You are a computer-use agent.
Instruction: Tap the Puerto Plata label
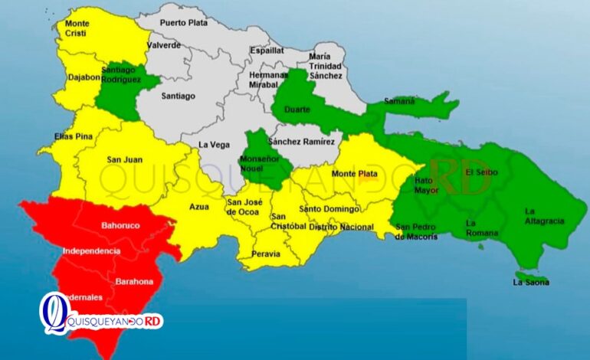tap(184, 23)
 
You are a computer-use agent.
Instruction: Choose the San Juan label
tap(123, 159)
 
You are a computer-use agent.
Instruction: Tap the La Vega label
tap(215, 145)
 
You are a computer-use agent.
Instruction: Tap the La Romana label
tap(481, 227)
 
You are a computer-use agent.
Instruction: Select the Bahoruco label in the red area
tap(120, 226)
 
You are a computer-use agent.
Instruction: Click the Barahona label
tap(134, 281)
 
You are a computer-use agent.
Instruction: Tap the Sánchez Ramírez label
tap(302, 142)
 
